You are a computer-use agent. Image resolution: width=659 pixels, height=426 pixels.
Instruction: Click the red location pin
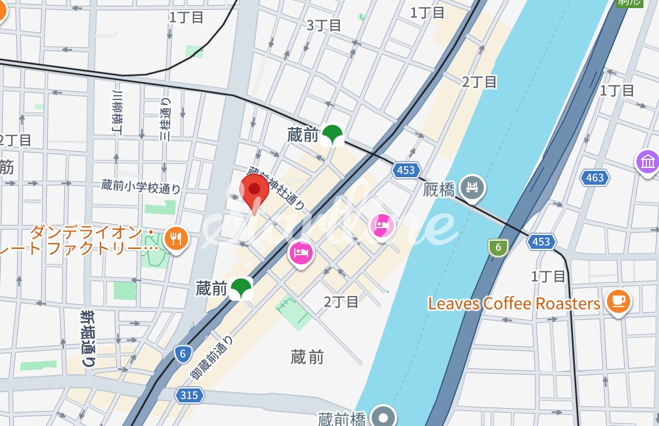[x=254, y=190]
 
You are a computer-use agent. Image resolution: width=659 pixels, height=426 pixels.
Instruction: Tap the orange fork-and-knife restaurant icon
[x=176, y=237]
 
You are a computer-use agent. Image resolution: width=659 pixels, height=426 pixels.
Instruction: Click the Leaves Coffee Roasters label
[x=514, y=304]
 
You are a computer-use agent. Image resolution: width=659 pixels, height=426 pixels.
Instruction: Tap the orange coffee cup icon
[x=618, y=300]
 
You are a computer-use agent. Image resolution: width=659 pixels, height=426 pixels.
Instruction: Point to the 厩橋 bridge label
[x=439, y=189]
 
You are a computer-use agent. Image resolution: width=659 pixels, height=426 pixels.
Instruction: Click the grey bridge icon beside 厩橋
[x=473, y=188]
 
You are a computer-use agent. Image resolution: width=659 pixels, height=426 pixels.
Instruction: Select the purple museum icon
[x=647, y=161]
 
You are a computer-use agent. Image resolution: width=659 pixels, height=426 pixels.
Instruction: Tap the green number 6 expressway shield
[x=497, y=248]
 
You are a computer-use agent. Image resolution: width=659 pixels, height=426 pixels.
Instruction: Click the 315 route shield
[x=188, y=395]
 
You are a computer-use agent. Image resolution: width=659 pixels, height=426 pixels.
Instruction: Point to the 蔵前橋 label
[x=341, y=418]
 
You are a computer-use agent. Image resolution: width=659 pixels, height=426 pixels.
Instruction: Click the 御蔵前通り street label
[x=212, y=357]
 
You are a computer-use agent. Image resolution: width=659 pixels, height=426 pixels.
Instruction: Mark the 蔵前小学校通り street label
[x=141, y=186]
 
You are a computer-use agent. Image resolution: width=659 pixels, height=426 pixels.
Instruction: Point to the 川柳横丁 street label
[x=117, y=112]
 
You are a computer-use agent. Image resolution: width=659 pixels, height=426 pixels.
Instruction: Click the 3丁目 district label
[x=324, y=25]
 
